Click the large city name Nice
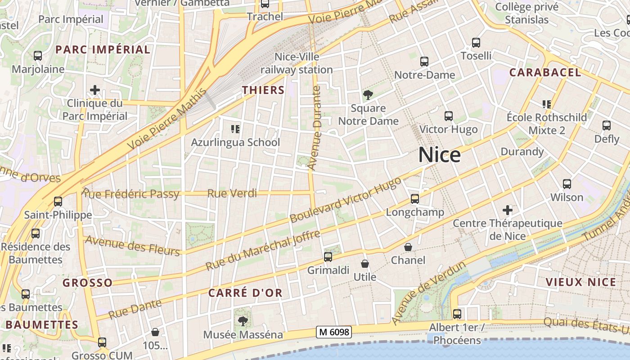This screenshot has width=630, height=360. pyautogui.click(x=439, y=155)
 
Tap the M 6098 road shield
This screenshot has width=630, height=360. pyautogui.click(x=333, y=332)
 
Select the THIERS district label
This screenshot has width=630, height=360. pyautogui.click(x=263, y=90)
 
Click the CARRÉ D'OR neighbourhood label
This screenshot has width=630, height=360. pyautogui.click(x=245, y=293)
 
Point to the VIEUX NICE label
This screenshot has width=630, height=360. pyautogui.click(x=580, y=282)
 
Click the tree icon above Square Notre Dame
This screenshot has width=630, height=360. pyautogui.click(x=368, y=95)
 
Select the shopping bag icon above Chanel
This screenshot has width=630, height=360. pyautogui.click(x=408, y=247)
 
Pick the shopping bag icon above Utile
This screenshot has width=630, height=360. pyautogui.click(x=365, y=264)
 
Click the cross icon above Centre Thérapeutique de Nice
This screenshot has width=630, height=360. pyautogui.click(x=508, y=210)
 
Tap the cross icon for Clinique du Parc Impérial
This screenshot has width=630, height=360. pyautogui.click(x=94, y=90)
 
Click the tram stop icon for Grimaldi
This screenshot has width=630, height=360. pyautogui.click(x=328, y=257)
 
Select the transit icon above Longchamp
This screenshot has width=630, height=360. pyautogui.click(x=415, y=198)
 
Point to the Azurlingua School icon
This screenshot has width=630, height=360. pyautogui.click(x=235, y=129)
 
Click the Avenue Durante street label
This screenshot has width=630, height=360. pyautogui.click(x=315, y=128)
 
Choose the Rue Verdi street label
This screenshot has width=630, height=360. pyautogui.click(x=232, y=193)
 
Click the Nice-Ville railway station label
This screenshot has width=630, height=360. pyautogui.click(x=297, y=63)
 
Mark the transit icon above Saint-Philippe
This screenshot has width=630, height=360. pyautogui.click(x=58, y=202)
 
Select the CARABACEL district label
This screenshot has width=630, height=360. pyautogui.click(x=545, y=72)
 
